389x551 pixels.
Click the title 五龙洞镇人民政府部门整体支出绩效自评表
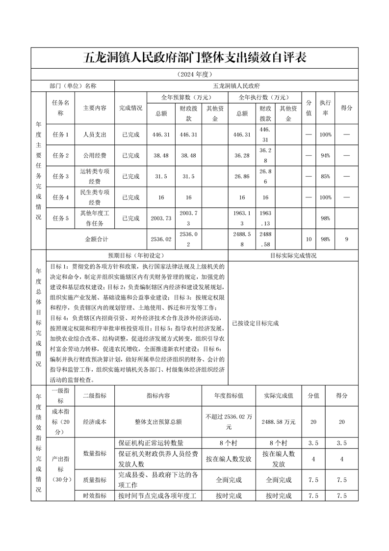(194, 57)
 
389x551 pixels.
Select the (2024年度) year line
(194, 75)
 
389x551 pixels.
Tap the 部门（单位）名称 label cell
(73, 85)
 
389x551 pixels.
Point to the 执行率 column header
(325, 108)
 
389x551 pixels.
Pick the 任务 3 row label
(61, 176)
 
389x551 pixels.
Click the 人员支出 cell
(94, 135)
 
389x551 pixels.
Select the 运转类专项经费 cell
(94, 176)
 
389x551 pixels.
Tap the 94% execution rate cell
(325, 156)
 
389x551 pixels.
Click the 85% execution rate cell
(325, 176)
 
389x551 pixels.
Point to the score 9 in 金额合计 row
(346, 239)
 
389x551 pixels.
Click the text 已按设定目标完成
(256, 324)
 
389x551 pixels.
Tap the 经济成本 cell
(94, 421)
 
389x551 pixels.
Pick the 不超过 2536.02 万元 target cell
(229, 421)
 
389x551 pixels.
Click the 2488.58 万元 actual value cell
(279, 421)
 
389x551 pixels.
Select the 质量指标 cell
(94, 480)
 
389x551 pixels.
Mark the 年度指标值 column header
(229, 395)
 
